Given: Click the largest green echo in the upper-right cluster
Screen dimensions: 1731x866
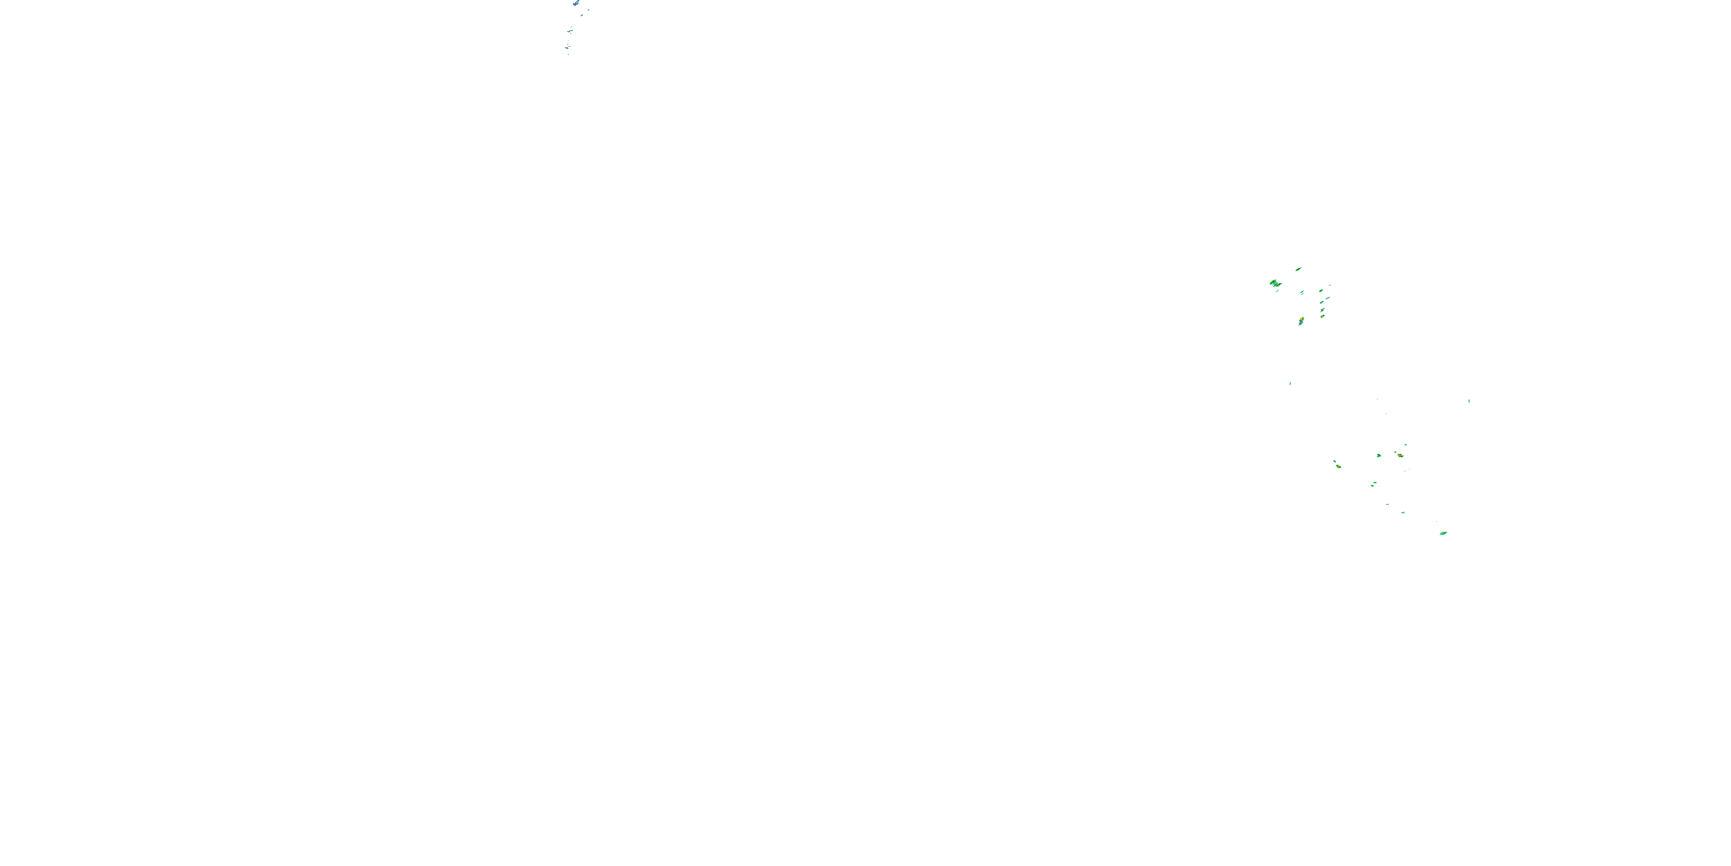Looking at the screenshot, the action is pyautogui.click(x=1274, y=283).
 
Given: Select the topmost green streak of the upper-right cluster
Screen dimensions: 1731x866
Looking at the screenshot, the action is pyautogui.click(x=1298, y=269).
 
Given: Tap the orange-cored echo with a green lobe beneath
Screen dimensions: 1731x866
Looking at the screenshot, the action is pyautogui.click(x=1301, y=322).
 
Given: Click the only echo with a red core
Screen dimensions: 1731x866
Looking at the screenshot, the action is pyautogui.click(x=1400, y=455).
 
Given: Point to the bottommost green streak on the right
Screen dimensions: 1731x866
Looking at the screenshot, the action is pyautogui.click(x=1442, y=533).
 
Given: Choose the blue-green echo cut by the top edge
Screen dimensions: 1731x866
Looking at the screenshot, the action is pyautogui.click(x=576, y=3).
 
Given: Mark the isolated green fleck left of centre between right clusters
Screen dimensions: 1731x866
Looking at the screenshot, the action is pyautogui.click(x=1290, y=383).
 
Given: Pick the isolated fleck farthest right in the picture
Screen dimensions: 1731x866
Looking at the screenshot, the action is pyautogui.click(x=1469, y=401).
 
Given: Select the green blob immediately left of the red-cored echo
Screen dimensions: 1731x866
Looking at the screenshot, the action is pyautogui.click(x=1379, y=455).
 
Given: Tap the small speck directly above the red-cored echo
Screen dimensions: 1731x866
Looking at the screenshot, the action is pyautogui.click(x=1405, y=445).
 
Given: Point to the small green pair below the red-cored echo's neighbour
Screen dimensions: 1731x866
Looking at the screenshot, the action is pyautogui.click(x=1373, y=483).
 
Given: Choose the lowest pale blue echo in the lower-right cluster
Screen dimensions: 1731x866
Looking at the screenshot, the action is pyautogui.click(x=1403, y=512).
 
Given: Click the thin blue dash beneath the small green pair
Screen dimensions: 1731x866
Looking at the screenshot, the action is pyautogui.click(x=1387, y=503).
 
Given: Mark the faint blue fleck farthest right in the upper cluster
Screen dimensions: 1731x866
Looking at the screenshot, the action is pyautogui.click(x=1330, y=285).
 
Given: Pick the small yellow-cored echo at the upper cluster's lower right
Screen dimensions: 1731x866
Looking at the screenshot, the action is pyautogui.click(x=1322, y=316).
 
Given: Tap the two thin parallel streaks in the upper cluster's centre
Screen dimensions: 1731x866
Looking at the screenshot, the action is pyautogui.click(x=1302, y=293).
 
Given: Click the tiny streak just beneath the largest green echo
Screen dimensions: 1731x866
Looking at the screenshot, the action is pyautogui.click(x=1277, y=290).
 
